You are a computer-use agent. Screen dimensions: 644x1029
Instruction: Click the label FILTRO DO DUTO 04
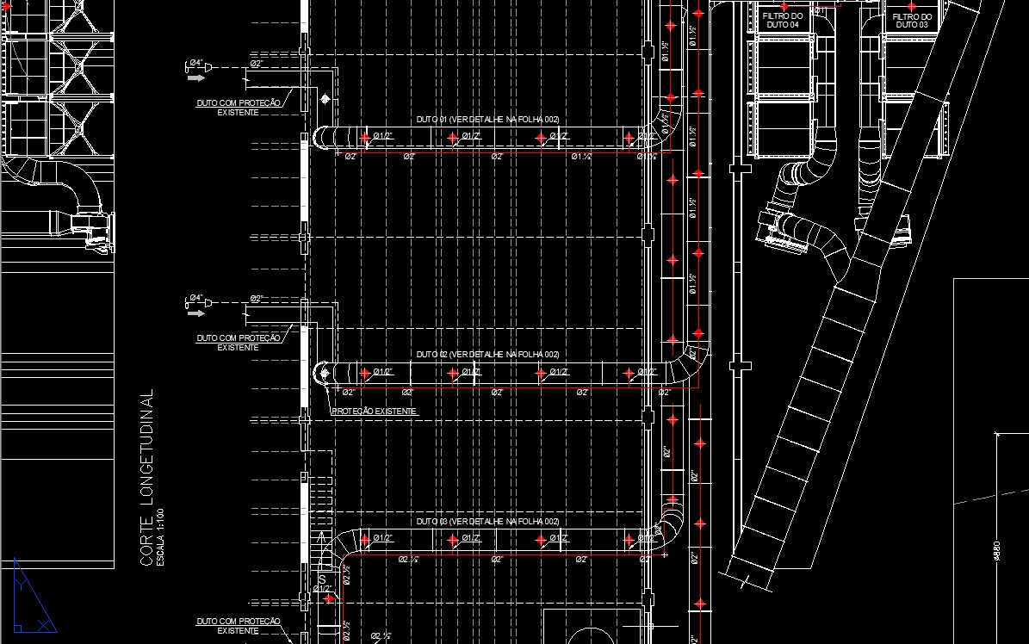[x=782, y=21]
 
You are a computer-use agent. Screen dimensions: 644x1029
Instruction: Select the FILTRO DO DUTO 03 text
[x=911, y=21]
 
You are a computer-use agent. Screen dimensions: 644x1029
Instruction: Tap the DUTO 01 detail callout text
[x=487, y=118]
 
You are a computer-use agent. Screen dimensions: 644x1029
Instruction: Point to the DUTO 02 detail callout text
[x=487, y=355]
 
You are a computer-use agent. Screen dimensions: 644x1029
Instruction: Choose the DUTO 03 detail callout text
[x=487, y=522]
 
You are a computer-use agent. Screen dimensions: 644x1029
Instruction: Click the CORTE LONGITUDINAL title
[x=147, y=478]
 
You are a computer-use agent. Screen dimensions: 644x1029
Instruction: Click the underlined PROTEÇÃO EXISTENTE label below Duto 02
[x=374, y=412]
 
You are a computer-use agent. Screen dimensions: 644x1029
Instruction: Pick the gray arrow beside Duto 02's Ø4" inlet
[x=196, y=314]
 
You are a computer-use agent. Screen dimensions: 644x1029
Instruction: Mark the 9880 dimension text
[x=997, y=550]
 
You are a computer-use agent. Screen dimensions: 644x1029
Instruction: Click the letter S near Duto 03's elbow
[x=320, y=579]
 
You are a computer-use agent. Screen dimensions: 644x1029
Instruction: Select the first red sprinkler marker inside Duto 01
[x=366, y=136]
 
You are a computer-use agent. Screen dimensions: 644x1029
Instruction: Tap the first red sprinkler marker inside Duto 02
[x=366, y=373]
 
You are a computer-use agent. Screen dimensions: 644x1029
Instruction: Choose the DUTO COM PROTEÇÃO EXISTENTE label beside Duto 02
[x=239, y=343]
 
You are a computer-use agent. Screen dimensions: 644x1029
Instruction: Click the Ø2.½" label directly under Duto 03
[x=408, y=560]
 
